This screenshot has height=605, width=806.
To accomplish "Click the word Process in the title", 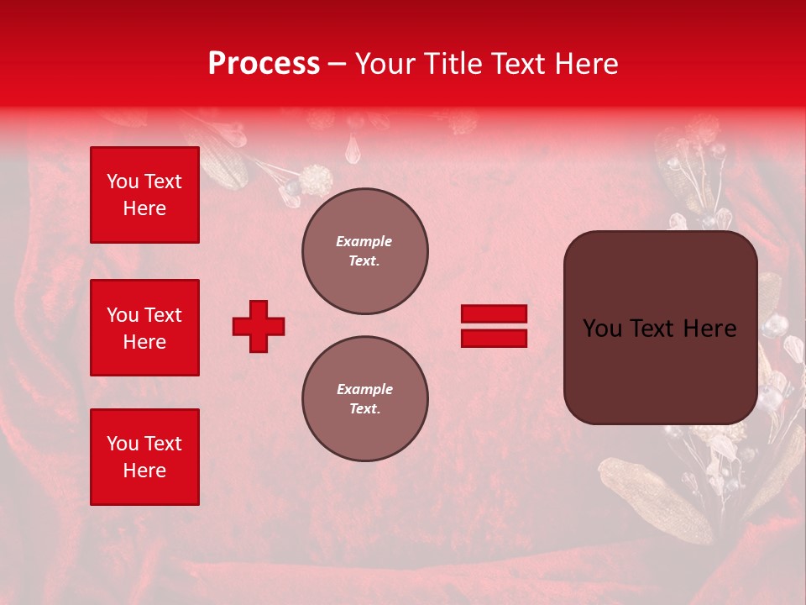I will [x=264, y=64].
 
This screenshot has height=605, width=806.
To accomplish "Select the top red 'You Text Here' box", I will [x=144, y=195].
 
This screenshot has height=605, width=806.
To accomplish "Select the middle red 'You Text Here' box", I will [x=144, y=328].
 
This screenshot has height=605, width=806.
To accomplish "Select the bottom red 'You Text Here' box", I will [x=144, y=457].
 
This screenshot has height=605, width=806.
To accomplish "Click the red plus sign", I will [x=259, y=326].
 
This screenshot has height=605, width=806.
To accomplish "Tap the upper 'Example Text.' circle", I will [x=365, y=251].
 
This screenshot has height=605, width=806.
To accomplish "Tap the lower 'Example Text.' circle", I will [x=365, y=399].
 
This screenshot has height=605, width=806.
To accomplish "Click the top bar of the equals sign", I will [x=494, y=314].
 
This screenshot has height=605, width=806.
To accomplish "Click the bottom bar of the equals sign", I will [x=494, y=339].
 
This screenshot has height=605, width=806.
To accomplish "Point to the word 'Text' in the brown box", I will [x=649, y=329].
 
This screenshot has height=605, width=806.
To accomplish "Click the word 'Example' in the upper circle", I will [x=364, y=241].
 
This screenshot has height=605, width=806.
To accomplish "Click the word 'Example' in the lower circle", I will [x=364, y=389].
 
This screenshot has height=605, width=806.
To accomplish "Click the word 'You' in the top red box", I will [x=123, y=181].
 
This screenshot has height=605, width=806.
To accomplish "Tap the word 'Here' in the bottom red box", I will [x=144, y=471].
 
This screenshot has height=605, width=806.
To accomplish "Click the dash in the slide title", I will [x=338, y=65].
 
